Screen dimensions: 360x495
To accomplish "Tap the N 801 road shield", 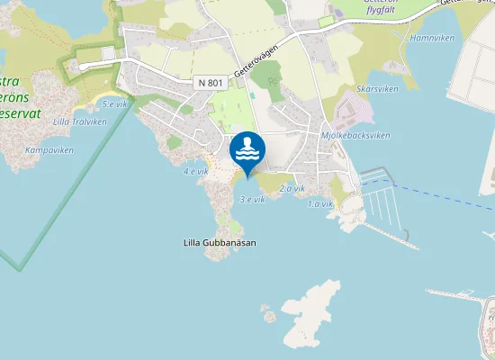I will (x=208, y=83).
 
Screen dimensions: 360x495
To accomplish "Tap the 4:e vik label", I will (x=195, y=171).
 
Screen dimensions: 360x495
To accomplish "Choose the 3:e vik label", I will (x=251, y=199).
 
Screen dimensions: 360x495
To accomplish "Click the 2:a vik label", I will (x=292, y=188).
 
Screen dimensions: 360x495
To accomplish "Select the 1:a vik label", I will (x=320, y=204).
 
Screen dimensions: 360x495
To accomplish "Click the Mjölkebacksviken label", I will (x=355, y=135).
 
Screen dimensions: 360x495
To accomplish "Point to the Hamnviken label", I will (x=429, y=40).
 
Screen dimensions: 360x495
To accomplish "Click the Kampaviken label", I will (x=49, y=150).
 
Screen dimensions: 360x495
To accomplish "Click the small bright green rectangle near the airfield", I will (x=325, y=21).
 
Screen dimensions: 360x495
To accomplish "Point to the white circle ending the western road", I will (x=84, y=66).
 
